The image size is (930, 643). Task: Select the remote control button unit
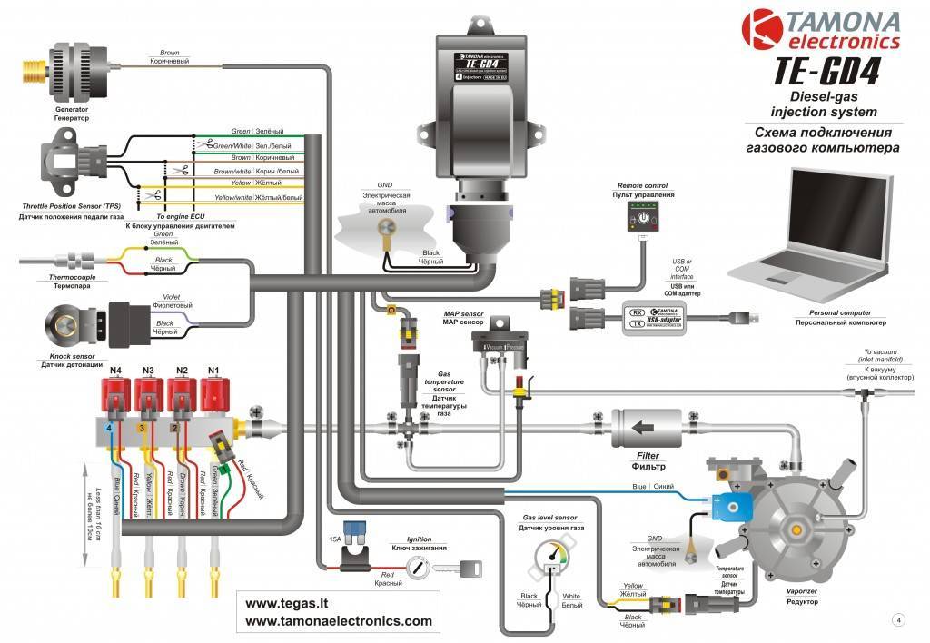643,216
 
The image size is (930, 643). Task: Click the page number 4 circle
898,619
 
